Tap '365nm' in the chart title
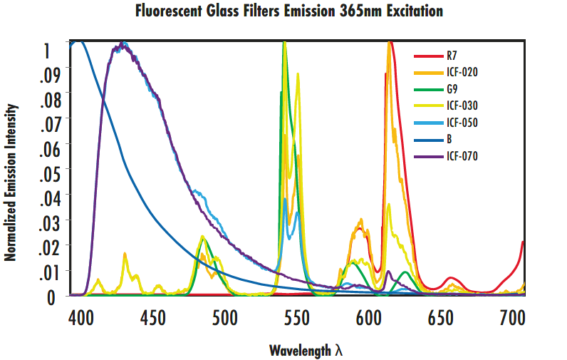point(377,12)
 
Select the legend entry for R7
point(452,55)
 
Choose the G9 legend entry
point(452,89)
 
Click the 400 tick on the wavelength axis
point(80,317)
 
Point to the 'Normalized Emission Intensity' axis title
point(11,181)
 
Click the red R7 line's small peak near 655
point(450,278)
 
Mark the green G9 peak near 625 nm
point(405,272)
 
